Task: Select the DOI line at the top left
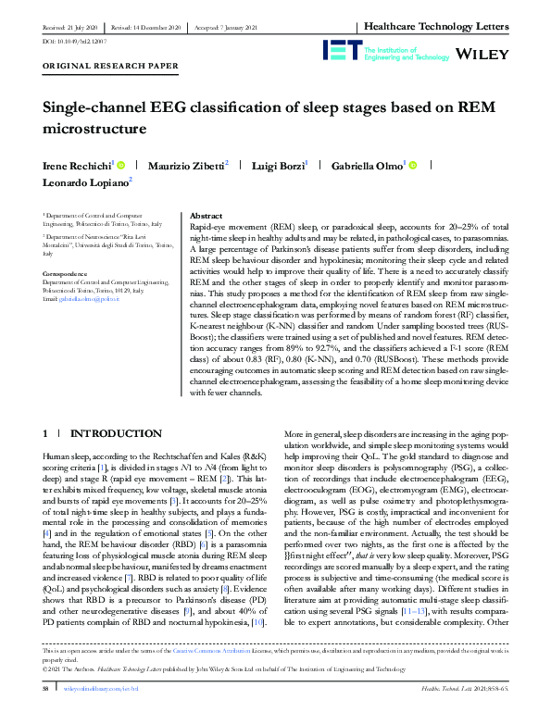pos(61,42)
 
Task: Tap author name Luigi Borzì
pos(279,165)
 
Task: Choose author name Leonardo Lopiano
pos(85,183)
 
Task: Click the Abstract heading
pos(205,214)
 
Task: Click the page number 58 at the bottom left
pos(44,714)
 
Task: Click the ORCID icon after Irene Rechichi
pos(120,165)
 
